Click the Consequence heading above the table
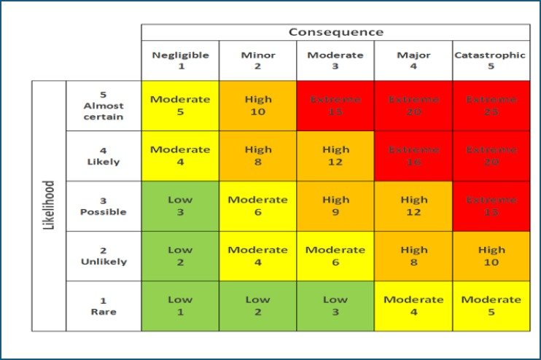point(335,32)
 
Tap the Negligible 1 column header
point(180,60)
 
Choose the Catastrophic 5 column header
point(491,60)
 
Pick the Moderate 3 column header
point(335,60)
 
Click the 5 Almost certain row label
point(104,106)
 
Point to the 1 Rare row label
point(104,306)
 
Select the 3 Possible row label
point(104,206)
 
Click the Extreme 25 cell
point(491,106)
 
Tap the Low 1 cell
point(180,306)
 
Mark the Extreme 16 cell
point(413,156)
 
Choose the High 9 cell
point(335,206)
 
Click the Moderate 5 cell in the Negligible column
point(180,106)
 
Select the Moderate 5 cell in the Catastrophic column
point(491,306)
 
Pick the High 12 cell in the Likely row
point(335,156)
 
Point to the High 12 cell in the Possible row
point(413,206)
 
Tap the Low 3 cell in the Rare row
point(335,306)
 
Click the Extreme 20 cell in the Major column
point(413,106)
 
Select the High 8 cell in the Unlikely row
point(413,256)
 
